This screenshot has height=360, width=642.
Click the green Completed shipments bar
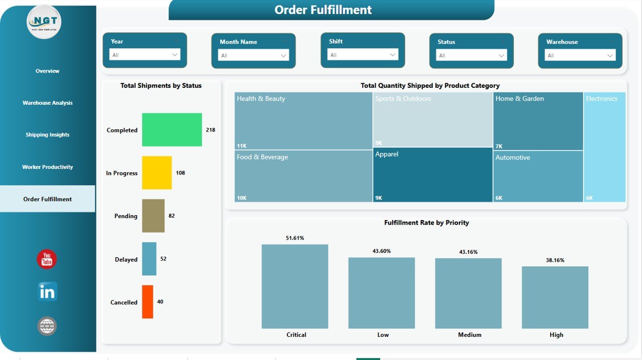click(172, 130)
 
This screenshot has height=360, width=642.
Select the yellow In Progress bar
click(156, 173)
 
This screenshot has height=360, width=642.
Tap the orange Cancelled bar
click(147, 302)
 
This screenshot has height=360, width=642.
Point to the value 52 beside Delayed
click(164, 259)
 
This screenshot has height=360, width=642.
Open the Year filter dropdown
click(144, 55)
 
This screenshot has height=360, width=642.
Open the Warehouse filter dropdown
click(580, 55)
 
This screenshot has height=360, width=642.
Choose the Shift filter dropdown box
click(363, 55)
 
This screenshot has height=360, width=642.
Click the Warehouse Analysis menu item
click(48, 103)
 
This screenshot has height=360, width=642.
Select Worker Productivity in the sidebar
click(48, 167)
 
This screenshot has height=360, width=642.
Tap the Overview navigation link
click(48, 71)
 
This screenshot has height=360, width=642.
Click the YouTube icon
click(47, 259)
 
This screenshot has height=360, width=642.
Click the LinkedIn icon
click(48, 291)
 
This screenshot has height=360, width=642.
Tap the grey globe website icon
click(47, 326)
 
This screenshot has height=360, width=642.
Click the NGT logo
click(44, 22)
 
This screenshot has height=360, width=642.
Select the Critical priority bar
click(294, 286)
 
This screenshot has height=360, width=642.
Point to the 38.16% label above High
click(555, 260)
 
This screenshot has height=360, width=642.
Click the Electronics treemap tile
click(605, 147)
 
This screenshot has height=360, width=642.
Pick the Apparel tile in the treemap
click(433, 174)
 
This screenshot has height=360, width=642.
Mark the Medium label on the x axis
click(469, 335)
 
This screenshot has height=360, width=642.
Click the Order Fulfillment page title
click(324, 10)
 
